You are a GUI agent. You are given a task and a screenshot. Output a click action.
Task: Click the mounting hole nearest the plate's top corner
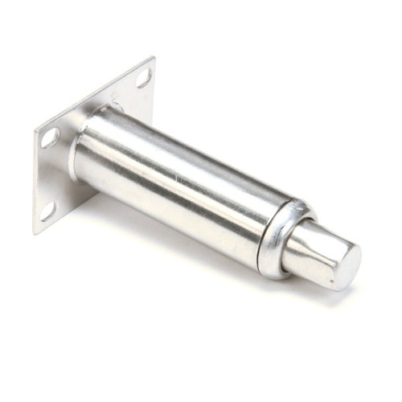coord(144,78)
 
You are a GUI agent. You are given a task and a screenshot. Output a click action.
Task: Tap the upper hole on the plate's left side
coord(50,137)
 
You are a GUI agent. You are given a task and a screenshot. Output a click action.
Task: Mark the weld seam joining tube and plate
coord(80,153)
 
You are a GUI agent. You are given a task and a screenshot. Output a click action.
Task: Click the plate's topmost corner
coord(153,57)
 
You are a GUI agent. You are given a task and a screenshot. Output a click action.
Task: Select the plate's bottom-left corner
coord(35,233)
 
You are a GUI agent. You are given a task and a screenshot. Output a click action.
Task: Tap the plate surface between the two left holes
coord(50,173)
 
